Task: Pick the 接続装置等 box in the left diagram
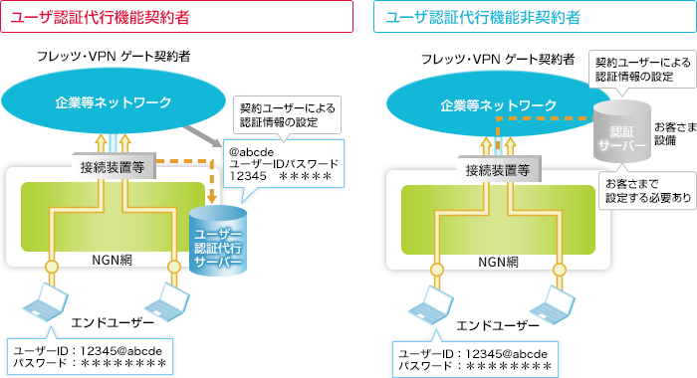(x=113, y=167)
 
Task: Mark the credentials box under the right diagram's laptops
(x=473, y=359)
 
